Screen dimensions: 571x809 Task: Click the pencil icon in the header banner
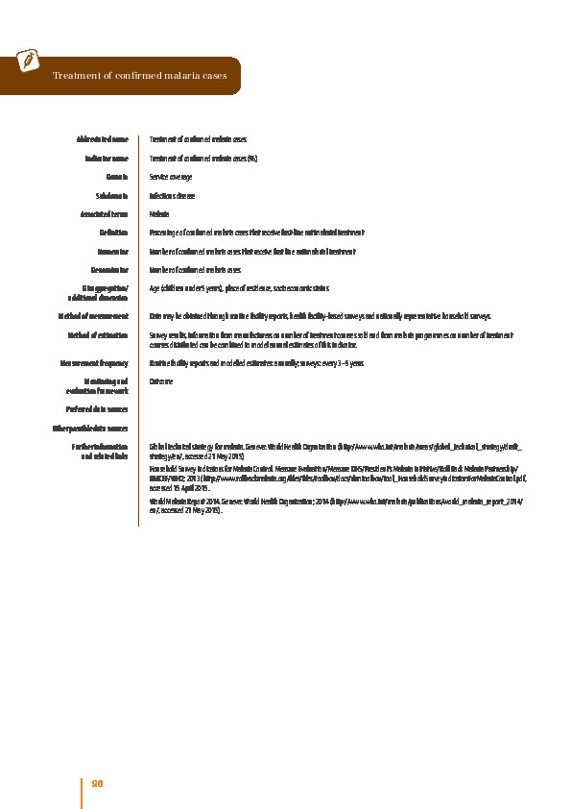(x=28, y=60)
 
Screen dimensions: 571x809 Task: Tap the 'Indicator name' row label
(x=107, y=159)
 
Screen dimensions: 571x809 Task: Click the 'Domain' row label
(x=118, y=177)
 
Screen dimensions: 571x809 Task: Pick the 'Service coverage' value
(x=171, y=177)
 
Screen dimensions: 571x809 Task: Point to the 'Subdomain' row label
(x=111, y=195)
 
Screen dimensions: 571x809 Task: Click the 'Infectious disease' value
(x=172, y=195)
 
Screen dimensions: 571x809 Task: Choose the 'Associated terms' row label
(x=106, y=214)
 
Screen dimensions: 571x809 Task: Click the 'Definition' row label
(x=113, y=233)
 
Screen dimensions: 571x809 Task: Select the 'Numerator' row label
(x=110, y=251)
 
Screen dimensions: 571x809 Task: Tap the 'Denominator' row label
(x=108, y=270)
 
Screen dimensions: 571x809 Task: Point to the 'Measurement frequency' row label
(x=94, y=363)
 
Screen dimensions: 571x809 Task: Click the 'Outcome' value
(x=160, y=381)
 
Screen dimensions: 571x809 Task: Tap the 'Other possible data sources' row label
(x=89, y=428)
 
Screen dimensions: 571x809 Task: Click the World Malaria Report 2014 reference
(x=335, y=505)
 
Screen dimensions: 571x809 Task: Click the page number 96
(x=97, y=783)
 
